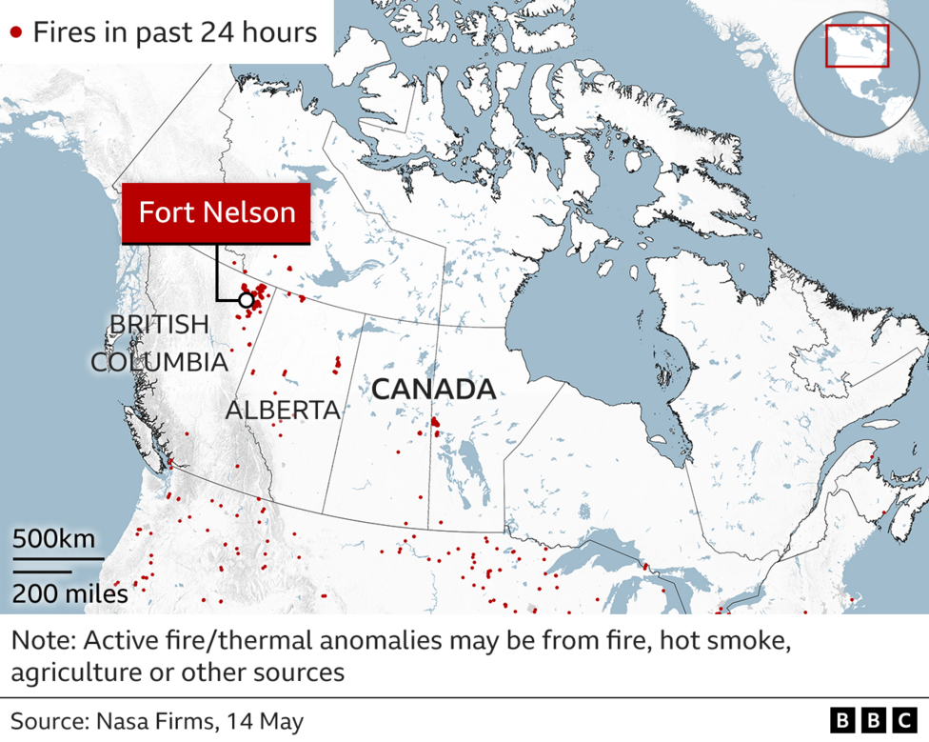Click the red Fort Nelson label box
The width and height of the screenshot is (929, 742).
coord(217,211)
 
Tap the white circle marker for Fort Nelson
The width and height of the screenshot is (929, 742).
coord(246,301)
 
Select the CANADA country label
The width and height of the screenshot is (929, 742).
coord(433,390)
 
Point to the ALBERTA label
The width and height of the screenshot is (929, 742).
coord(283,410)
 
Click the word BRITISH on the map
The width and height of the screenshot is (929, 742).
coord(159,325)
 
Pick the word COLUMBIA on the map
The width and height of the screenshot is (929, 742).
coord(159,363)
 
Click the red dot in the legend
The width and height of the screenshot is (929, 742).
coord(15,32)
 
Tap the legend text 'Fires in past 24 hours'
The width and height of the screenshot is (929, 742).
coord(175,32)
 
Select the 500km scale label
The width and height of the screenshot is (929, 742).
coord(53,539)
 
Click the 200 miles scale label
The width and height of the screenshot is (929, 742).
coord(69,594)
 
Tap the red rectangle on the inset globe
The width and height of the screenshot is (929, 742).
coord(857,46)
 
